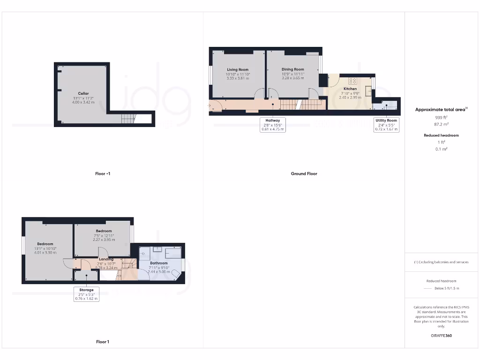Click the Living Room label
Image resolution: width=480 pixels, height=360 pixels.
(238, 69)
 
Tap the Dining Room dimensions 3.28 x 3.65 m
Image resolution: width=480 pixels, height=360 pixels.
(293, 78)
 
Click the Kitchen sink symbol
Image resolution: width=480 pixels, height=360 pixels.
(368, 92)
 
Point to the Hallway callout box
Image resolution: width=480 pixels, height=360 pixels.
(273, 125)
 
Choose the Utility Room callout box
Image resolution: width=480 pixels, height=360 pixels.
(386, 125)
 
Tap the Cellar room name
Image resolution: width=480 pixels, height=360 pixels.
(83, 93)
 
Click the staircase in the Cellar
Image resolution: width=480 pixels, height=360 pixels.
(128, 119)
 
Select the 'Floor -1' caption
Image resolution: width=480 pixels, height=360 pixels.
(103, 174)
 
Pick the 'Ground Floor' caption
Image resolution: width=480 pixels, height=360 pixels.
(304, 174)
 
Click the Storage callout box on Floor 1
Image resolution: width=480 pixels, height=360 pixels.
(86, 294)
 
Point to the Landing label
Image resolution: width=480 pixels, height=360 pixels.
(106, 259)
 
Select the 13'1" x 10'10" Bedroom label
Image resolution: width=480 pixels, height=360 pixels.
(45, 244)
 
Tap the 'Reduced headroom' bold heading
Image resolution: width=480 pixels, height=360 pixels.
(441, 135)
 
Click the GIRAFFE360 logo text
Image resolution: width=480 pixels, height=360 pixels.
(441, 336)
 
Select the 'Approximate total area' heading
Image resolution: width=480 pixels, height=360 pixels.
(441, 109)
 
